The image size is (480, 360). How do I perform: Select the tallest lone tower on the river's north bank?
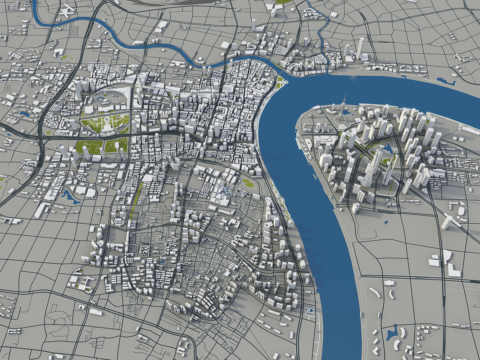pos(360,48)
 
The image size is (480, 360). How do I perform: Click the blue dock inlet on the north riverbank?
pos(445,82)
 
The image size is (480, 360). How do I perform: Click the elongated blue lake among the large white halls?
pos(70,196)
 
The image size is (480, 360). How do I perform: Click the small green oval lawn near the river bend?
pos(248,183)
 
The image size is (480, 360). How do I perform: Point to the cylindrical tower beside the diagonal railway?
pos(447,221)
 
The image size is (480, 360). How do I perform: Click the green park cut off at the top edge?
pos(283,2)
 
